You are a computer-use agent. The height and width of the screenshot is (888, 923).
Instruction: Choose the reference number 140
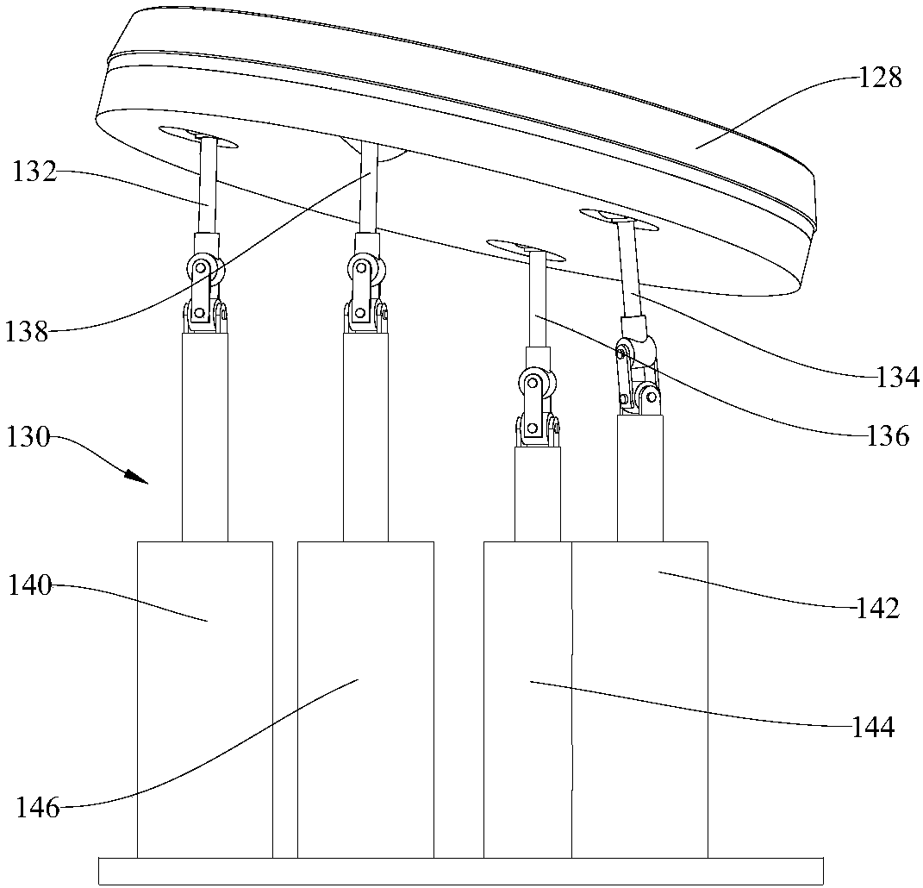(x=31, y=586)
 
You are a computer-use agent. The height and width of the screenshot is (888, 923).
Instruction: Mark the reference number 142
(x=876, y=609)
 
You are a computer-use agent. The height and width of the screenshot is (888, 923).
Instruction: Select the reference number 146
(x=38, y=808)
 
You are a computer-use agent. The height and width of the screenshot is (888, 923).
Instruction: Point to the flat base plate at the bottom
(x=461, y=871)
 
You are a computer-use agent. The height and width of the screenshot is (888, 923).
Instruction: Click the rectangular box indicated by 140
(x=204, y=698)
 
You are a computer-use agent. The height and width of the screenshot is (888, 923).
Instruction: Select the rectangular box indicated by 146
(x=365, y=698)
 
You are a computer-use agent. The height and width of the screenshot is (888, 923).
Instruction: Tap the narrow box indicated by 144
(x=527, y=698)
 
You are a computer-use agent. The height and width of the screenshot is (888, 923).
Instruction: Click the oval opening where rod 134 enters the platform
(x=619, y=219)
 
